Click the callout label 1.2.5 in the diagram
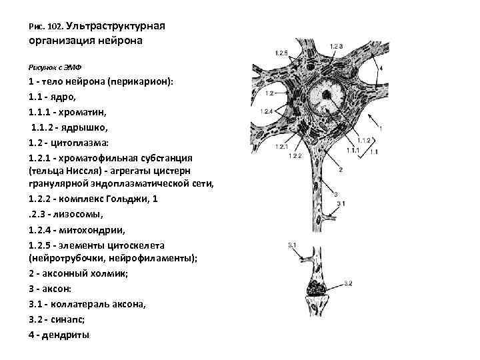pos(281,53)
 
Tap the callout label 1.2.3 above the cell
pos(335,45)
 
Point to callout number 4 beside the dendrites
pos(380,68)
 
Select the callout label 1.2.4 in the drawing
pos(268,111)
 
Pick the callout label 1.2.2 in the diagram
pos(296,155)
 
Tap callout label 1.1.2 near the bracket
pos(364,140)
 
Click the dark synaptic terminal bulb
pos(315,288)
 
